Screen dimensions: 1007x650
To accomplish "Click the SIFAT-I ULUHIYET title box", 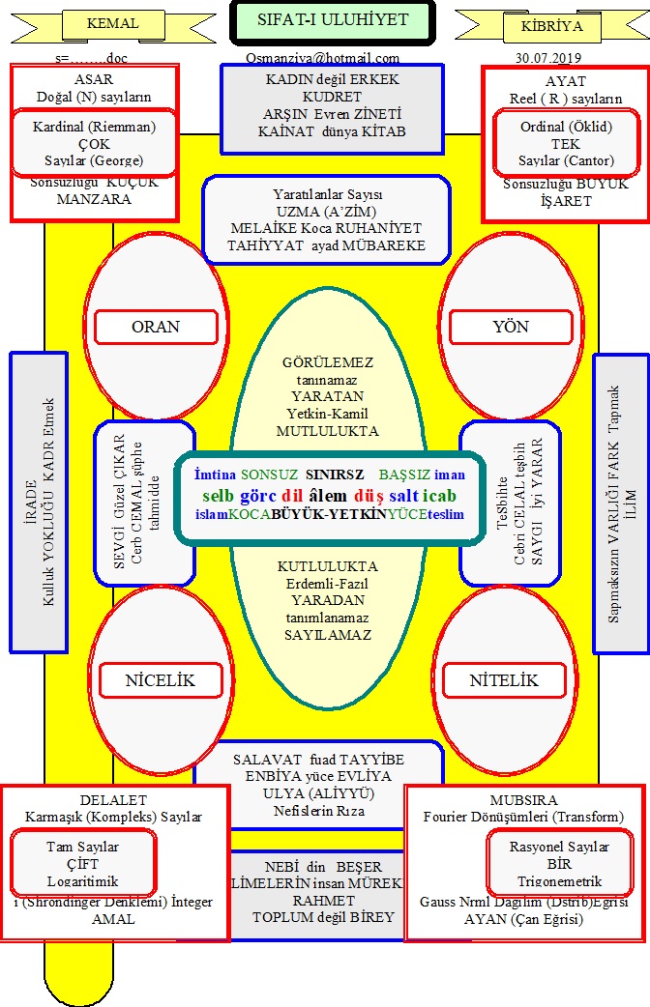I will click(333, 21).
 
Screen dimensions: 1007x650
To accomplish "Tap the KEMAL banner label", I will click(113, 24).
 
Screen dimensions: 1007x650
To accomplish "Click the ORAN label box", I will click(156, 327).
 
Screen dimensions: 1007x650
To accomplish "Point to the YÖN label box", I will click(510, 327).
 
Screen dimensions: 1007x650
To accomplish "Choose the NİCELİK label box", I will click(160, 680).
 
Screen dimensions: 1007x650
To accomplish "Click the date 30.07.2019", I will click(548, 58).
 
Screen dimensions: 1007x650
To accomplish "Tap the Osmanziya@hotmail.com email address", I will click(322, 58).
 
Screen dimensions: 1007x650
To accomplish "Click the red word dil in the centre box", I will click(293, 495).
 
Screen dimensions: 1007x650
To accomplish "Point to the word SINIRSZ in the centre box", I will click(335, 475).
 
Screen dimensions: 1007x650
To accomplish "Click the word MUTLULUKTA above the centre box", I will click(328, 431).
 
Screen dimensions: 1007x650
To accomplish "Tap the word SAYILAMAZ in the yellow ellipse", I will click(328, 635).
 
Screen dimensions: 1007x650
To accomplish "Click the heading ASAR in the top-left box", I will click(93, 81).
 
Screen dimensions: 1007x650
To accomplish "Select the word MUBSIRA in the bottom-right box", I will click(523, 800).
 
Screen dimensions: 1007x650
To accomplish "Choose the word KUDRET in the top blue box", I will click(332, 97).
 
